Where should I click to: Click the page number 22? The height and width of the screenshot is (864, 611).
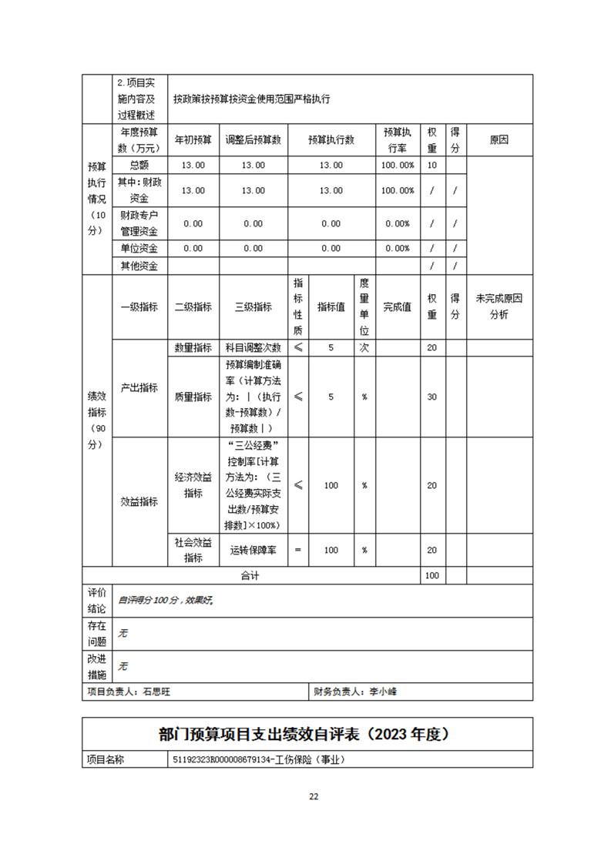point(314,796)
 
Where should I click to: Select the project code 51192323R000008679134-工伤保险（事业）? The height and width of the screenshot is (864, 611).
point(258,759)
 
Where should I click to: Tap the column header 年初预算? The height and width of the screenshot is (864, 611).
point(193,140)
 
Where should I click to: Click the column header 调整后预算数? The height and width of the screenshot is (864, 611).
point(253,140)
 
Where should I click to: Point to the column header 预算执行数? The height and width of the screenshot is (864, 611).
point(331,140)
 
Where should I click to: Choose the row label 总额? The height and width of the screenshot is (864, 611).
point(139,165)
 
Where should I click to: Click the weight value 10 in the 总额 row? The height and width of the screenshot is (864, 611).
point(431,165)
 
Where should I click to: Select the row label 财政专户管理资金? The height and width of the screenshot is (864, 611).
point(139,223)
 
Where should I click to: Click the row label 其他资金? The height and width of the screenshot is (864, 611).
point(139,266)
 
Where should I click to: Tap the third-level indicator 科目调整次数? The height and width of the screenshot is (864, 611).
point(253,347)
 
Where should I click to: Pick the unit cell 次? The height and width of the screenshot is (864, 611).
point(364,347)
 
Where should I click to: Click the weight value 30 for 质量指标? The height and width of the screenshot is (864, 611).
point(431,397)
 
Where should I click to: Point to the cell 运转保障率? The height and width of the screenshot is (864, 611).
point(253,550)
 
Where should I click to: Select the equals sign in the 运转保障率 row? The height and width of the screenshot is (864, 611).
point(297,550)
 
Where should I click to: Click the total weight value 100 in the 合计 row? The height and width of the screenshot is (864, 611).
point(431,575)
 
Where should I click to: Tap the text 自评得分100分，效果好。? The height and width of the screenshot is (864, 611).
point(165,599)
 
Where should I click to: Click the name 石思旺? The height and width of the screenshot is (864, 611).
point(156,692)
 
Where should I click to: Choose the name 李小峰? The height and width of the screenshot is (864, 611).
point(383,692)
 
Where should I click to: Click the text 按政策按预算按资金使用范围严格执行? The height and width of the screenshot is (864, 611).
point(251,99)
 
